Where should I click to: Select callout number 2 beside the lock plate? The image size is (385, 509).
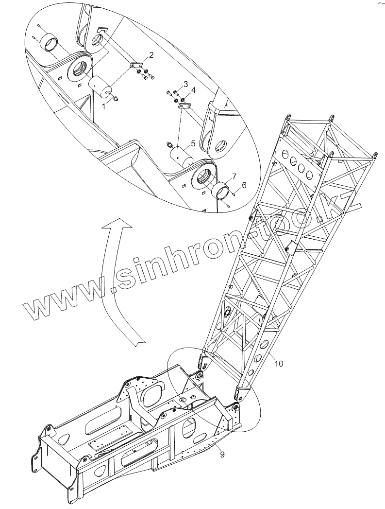pyautogui.click(x=151, y=55)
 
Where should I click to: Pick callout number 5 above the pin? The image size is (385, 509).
pyautogui.click(x=193, y=143)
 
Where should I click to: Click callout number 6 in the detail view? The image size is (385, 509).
pyautogui.click(x=244, y=185)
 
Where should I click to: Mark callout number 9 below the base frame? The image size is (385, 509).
pyautogui.click(x=222, y=455)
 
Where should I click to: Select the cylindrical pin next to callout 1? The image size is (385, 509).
pyautogui.click(x=100, y=88)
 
